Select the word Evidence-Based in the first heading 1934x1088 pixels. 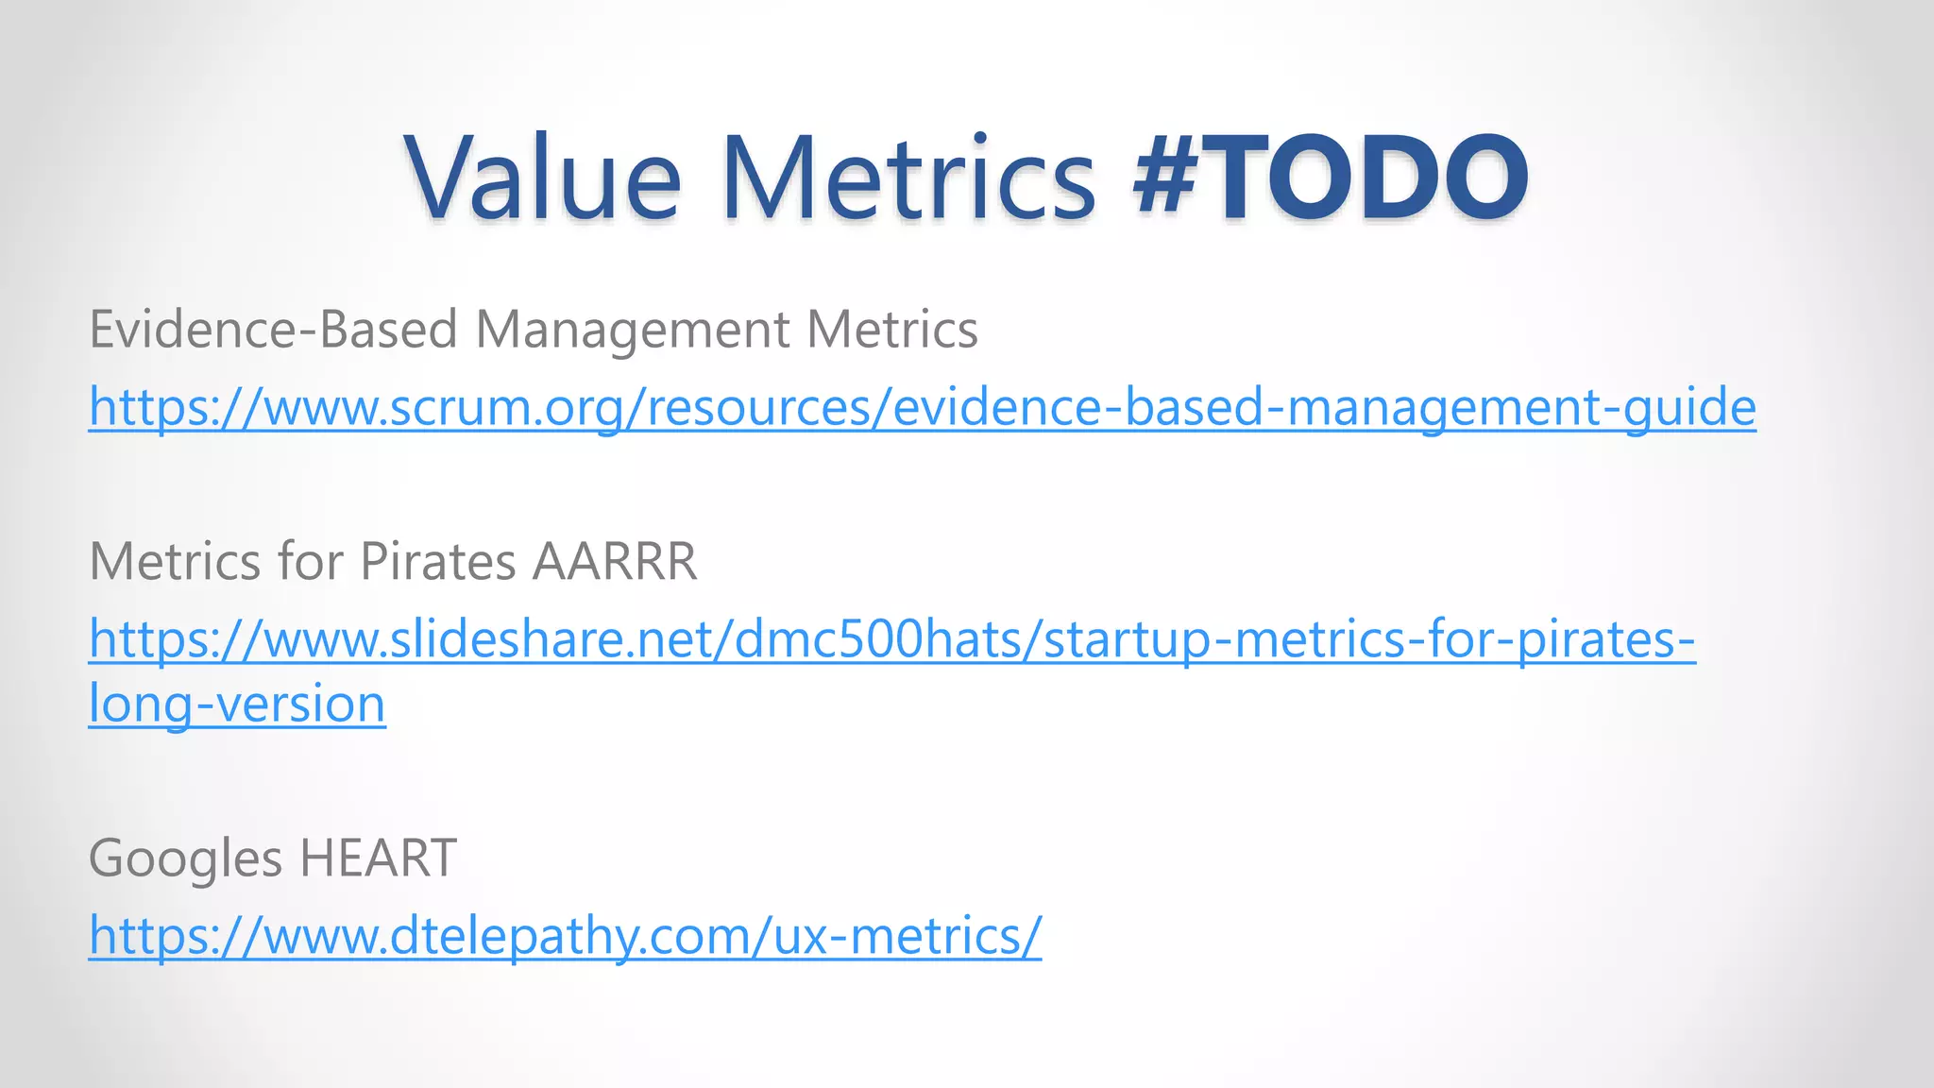click(273, 330)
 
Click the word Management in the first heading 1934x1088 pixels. click(632, 331)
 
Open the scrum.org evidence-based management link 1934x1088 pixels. click(922, 408)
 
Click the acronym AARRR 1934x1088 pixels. click(614, 562)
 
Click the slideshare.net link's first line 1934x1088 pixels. click(891, 640)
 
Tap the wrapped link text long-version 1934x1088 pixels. click(237, 705)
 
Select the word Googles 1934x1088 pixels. click(185, 859)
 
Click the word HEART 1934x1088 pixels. click(378, 858)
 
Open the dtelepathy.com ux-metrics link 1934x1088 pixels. click(565, 937)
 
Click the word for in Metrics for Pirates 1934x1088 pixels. click(310, 562)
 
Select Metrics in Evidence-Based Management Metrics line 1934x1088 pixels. click(891, 330)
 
